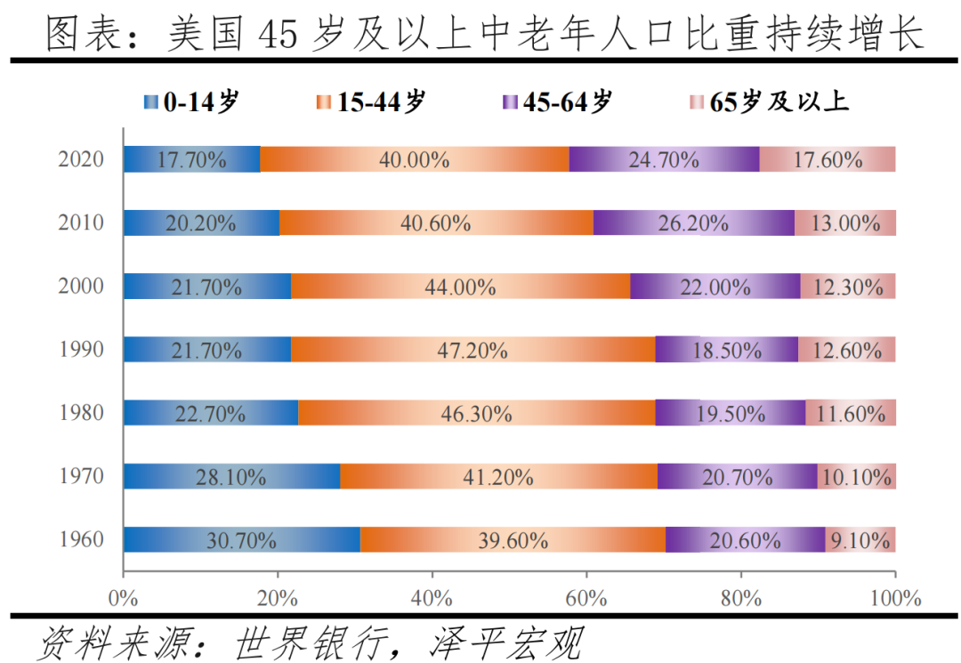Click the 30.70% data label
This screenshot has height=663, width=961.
tap(241, 540)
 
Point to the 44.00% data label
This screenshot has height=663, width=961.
tap(461, 287)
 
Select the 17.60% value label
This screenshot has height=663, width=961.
tap(828, 160)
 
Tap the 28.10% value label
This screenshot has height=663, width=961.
tap(231, 477)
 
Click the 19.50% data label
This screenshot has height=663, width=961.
tap(730, 413)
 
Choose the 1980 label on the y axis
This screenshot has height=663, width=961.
tap(82, 413)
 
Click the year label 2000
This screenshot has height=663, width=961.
tap(82, 287)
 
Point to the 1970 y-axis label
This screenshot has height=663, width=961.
tap(82, 477)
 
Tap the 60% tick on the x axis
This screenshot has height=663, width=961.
tap(586, 596)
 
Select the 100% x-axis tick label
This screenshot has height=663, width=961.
tap(895, 596)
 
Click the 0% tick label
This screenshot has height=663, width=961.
tap(124, 596)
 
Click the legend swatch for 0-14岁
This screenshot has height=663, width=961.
tap(149, 102)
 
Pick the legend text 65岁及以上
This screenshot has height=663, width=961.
tap(779, 102)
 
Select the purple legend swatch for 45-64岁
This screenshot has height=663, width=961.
tap(510, 102)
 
